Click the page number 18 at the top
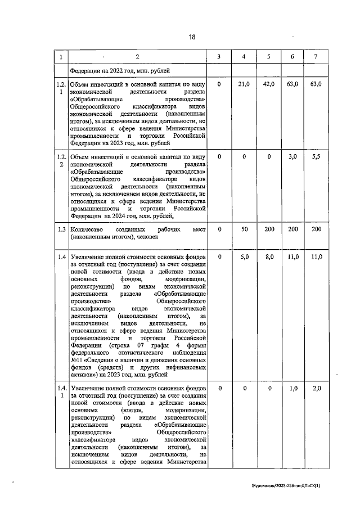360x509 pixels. point(192,37)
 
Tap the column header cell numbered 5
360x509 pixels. point(269,57)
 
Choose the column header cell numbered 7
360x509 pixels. point(316,57)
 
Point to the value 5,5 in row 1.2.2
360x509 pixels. point(316,157)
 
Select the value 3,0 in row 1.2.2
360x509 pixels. point(292,157)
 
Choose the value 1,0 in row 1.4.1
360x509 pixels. point(292,389)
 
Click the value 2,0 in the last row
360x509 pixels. point(316,389)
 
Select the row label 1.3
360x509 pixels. point(61,229)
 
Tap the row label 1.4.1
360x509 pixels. point(61,392)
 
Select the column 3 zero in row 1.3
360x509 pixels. point(219,229)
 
